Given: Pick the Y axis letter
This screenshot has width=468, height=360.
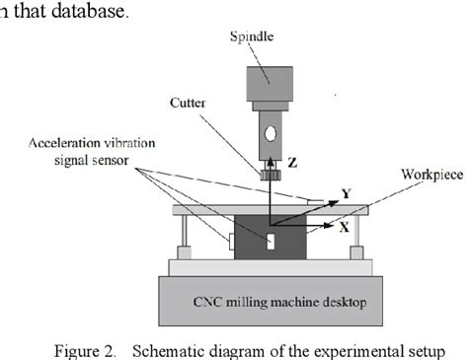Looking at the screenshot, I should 346,193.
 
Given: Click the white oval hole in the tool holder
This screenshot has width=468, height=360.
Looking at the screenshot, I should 271,132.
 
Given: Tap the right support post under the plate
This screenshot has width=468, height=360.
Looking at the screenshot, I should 359,236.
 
